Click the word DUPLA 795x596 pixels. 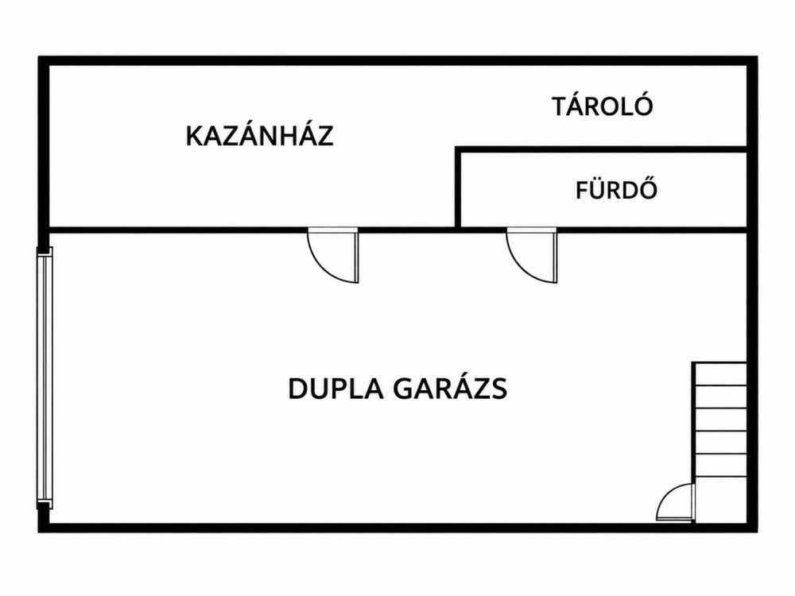(x=335, y=389)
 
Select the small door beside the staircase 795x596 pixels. (x=674, y=502)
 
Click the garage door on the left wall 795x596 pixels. (x=44, y=378)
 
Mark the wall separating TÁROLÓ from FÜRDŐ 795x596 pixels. (x=601, y=149)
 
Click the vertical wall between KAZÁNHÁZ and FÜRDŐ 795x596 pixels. (x=458, y=188)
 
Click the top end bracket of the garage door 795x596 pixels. (x=45, y=252)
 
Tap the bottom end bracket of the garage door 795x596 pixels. (x=45, y=505)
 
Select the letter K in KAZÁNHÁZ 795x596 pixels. (x=195, y=137)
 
